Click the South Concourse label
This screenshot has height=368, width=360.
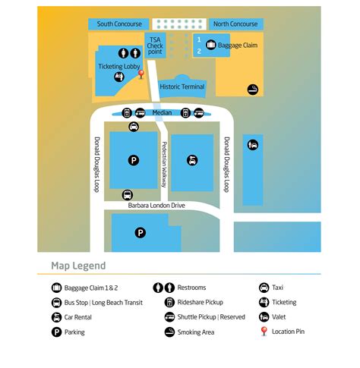[119, 24]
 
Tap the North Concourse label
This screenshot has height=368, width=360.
[235, 24]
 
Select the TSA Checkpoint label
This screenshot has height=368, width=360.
[155, 46]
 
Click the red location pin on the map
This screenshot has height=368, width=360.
[141, 74]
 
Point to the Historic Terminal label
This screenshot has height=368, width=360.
[182, 86]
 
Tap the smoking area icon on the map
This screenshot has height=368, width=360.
[253, 90]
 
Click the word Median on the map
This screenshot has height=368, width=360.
[162, 112]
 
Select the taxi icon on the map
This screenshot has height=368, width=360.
[134, 127]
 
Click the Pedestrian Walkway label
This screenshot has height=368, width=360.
[164, 165]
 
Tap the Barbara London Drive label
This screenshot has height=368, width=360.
[156, 206]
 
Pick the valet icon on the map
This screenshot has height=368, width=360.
[253, 145]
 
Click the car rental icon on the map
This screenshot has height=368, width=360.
[192, 160]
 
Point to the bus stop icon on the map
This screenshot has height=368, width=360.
[128, 195]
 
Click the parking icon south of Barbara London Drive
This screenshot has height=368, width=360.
[141, 233]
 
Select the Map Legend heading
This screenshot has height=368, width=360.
[78, 266]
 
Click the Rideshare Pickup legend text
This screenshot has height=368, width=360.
[201, 302]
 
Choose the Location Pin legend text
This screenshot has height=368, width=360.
[288, 332]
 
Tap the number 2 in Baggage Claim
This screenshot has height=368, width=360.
[199, 52]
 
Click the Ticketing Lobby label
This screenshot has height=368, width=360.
[119, 67]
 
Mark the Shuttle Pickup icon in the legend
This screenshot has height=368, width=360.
[169, 317]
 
